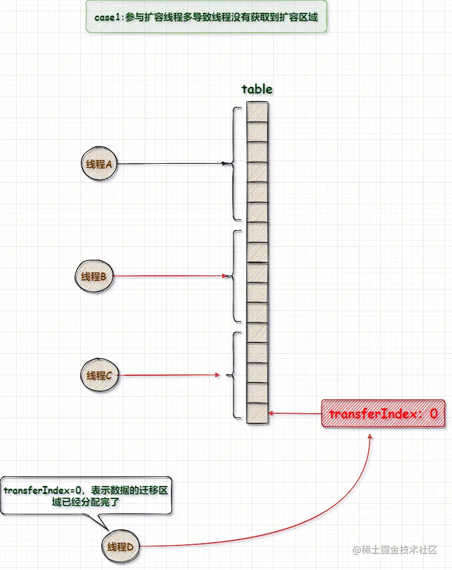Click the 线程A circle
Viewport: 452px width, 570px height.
click(x=99, y=164)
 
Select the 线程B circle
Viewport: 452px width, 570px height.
click(x=94, y=277)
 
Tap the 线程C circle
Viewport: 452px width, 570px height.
click(x=99, y=376)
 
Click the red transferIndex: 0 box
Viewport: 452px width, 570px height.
click(x=383, y=413)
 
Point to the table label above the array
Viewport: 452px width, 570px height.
click(x=257, y=89)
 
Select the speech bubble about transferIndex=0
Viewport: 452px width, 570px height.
click(x=86, y=496)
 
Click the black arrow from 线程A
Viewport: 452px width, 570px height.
click(x=171, y=163)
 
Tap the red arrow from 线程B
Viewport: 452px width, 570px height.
click(x=171, y=276)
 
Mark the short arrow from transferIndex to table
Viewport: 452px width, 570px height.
click(x=295, y=413)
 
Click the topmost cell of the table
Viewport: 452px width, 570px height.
click(x=257, y=112)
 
